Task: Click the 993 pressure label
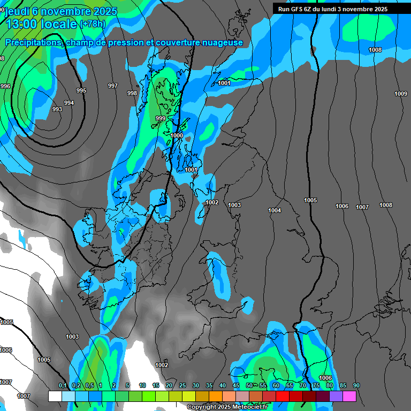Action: coord(57,109)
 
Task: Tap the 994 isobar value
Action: coord(69,103)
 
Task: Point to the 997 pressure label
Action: coord(113,86)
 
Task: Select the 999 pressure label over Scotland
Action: coord(161,118)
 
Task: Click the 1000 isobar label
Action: coord(177,135)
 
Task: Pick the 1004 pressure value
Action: coord(275,210)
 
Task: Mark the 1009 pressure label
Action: coord(401,94)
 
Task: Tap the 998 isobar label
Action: coord(132,93)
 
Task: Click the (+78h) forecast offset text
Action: coord(92,24)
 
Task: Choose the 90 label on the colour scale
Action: coord(356,385)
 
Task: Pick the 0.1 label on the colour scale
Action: coord(63,385)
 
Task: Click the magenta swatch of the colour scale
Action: coord(349,396)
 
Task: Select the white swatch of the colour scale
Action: coord(55,396)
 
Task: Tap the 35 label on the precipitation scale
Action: coord(209,385)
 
